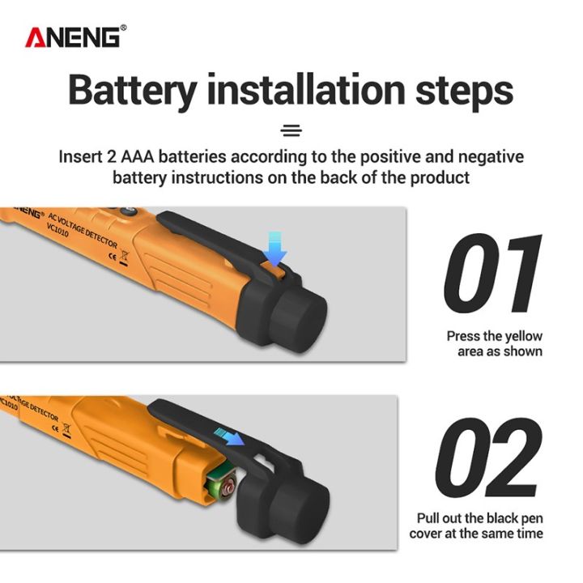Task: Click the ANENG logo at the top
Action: [x=74, y=37]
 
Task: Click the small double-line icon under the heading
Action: [x=291, y=130]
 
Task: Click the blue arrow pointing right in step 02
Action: [x=231, y=437]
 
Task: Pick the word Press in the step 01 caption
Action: [x=464, y=336]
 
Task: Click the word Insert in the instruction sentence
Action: [x=81, y=156]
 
